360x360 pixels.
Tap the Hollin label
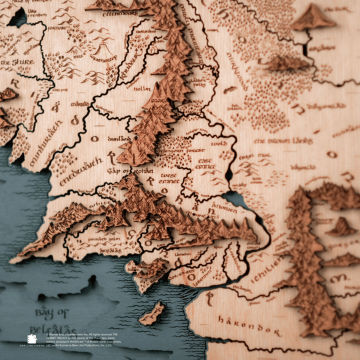click(141, 88)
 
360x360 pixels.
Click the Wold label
click(219, 143)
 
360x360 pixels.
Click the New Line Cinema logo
click(31, 341)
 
